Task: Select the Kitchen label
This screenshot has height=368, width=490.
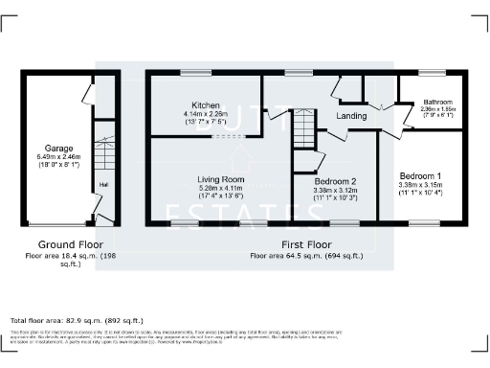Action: pos(206,105)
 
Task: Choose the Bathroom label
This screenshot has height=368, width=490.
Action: pos(438,102)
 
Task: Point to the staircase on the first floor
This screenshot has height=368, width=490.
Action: pos(302,125)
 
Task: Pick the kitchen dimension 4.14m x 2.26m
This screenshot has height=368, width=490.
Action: pos(206,114)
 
